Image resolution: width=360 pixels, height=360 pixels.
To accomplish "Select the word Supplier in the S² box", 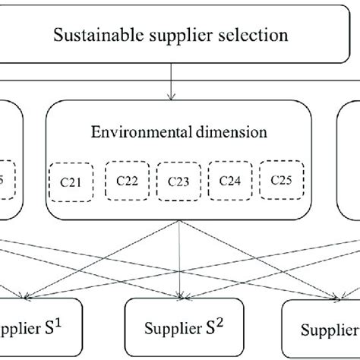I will pos(175,329).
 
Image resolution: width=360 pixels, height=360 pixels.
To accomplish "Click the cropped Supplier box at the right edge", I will pos(323,329).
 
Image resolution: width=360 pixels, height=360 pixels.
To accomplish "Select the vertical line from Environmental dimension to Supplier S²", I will pos(180,258).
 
